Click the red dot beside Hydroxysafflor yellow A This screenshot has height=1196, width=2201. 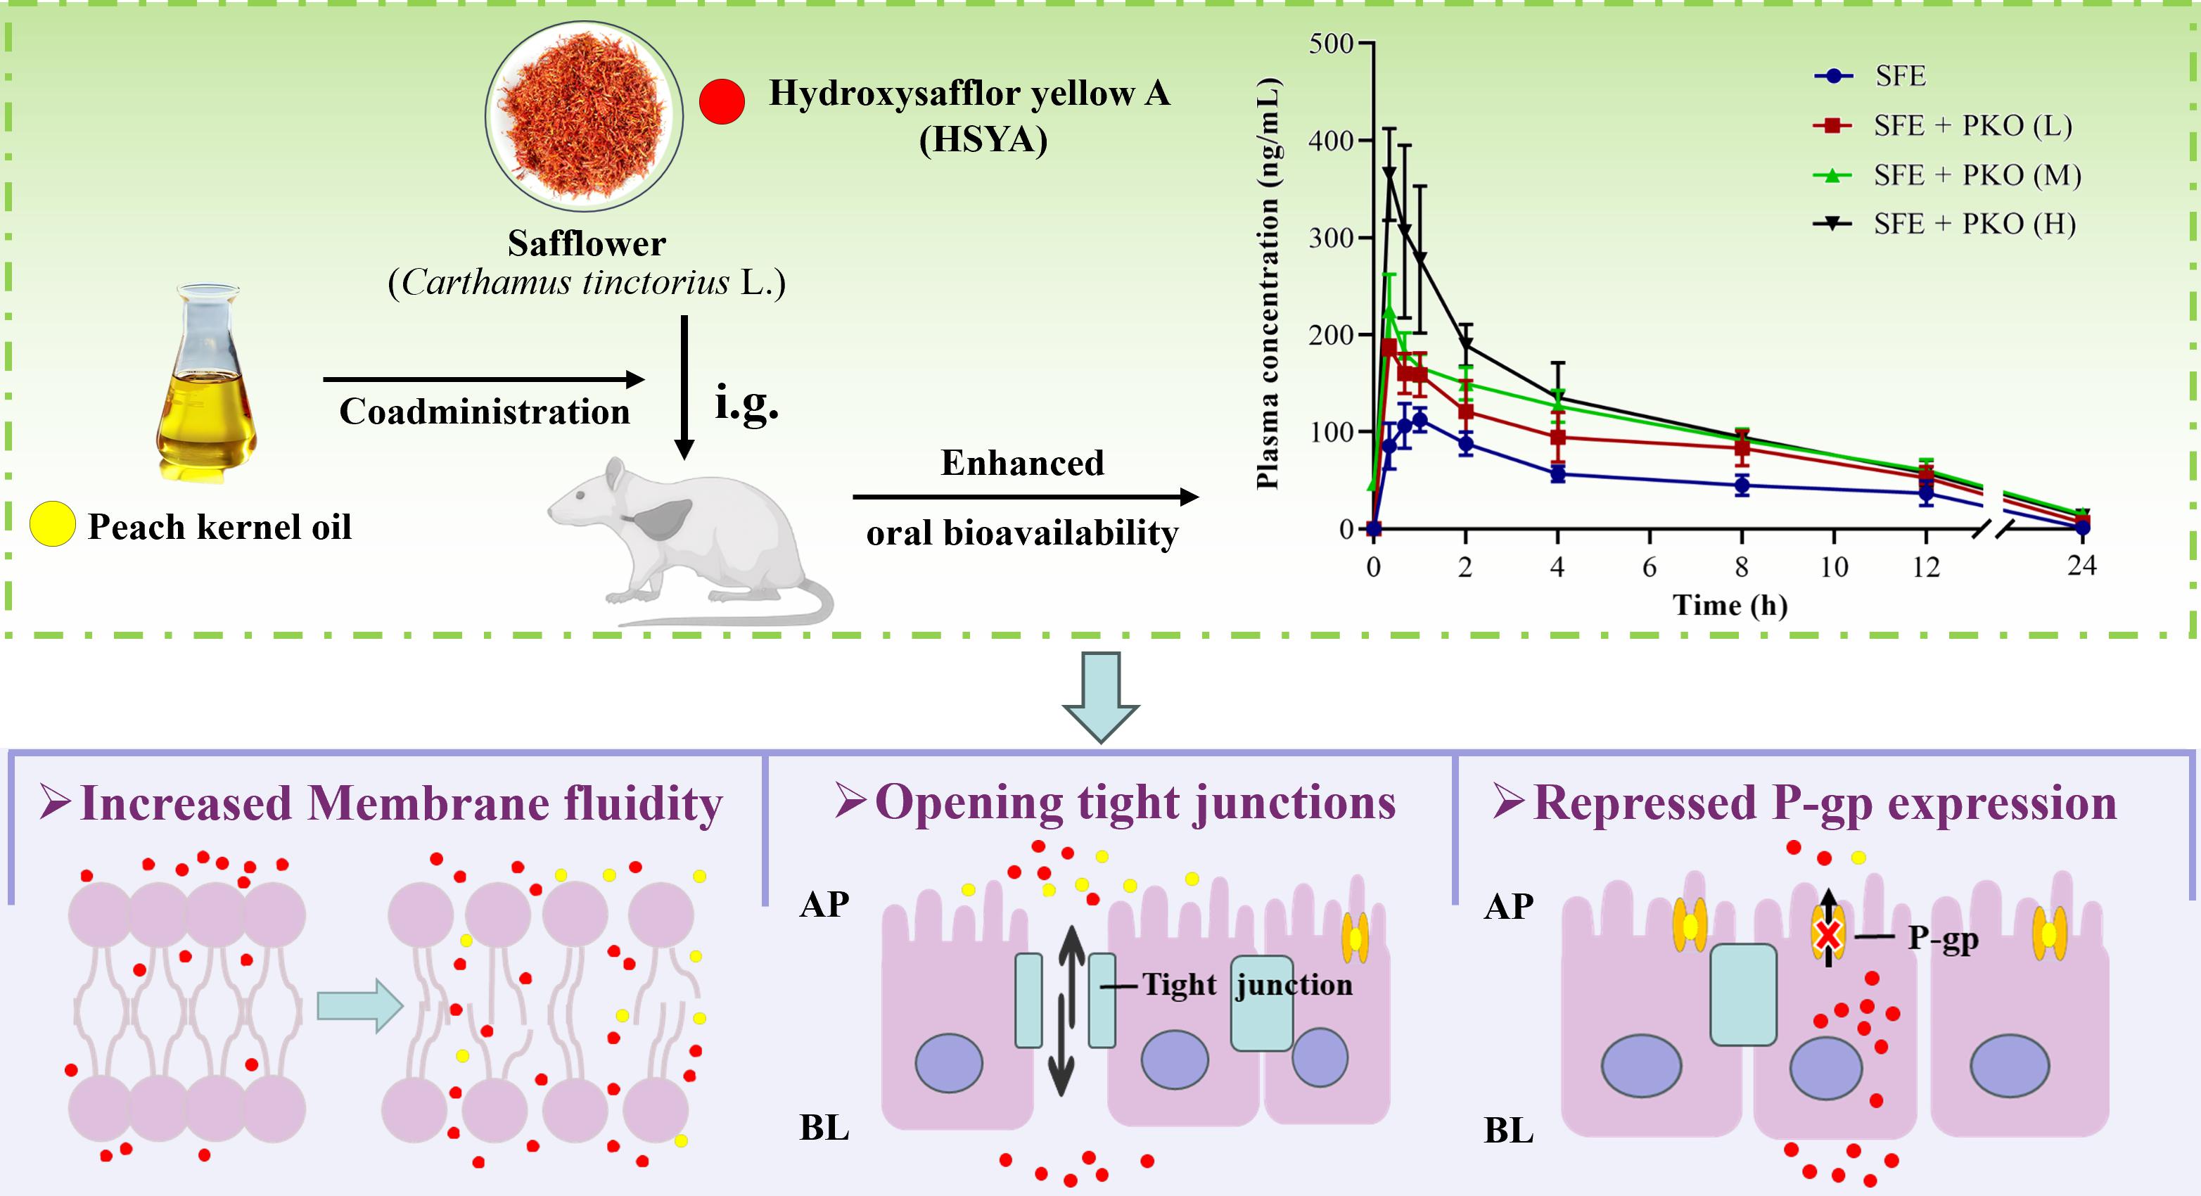point(721,101)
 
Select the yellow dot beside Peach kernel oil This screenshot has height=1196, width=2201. point(52,525)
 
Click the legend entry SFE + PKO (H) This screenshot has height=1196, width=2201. point(1974,224)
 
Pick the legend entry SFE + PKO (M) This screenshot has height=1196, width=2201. point(1977,175)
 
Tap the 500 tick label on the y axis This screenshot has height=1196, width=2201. point(1330,43)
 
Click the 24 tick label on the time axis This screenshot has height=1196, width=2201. point(2081,566)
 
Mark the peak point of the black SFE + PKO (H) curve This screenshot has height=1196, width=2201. point(1389,173)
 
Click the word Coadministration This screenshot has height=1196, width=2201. point(485,412)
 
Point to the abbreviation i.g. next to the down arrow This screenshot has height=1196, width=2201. point(746,403)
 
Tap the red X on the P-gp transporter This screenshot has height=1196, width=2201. point(1827,936)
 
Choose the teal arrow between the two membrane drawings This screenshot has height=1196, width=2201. point(359,1005)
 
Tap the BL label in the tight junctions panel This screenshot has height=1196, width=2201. point(824,1128)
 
